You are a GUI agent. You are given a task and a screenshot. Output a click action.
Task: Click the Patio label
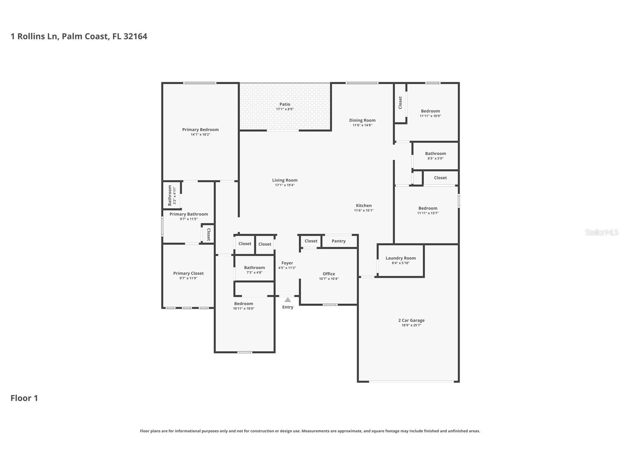click(x=285, y=104)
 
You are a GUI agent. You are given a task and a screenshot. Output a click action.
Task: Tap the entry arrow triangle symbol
click(x=288, y=300)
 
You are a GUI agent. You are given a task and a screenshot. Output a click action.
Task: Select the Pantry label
click(x=338, y=241)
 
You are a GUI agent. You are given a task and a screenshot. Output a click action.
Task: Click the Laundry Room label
click(x=400, y=258)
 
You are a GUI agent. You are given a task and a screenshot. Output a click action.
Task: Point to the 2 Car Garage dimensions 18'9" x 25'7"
click(x=411, y=325)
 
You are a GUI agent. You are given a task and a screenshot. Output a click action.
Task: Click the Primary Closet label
click(x=188, y=273)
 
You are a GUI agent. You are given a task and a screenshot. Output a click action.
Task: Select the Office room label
click(x=328, y=274)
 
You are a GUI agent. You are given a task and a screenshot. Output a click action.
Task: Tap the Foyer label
click(x=287, y=263)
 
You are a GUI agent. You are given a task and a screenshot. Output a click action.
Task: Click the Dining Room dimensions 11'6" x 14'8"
click(x=362, y=125)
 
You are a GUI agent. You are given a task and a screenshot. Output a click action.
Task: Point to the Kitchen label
click(x=364, y=205)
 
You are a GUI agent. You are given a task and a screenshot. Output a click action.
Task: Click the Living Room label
click(x=285, y=180)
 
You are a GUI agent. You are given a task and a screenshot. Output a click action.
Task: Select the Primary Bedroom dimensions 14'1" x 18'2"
click(x=200, y=135)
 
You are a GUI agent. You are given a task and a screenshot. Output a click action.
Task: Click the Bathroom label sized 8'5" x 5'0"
click(x=435, y=154)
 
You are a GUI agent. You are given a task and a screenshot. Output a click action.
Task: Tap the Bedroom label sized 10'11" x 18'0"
click(x=243, y=303)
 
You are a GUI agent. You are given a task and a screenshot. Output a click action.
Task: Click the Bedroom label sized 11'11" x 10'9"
click(x=430, y=111)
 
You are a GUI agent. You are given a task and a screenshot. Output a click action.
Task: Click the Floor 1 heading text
click(x=24, y=398)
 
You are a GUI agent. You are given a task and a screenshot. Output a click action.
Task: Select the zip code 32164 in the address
click(x=135, y=36)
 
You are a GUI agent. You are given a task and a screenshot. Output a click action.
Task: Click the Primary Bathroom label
click(x=189, y=214)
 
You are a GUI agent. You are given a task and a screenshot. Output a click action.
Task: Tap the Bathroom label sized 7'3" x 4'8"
click(x=254, y=268)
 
